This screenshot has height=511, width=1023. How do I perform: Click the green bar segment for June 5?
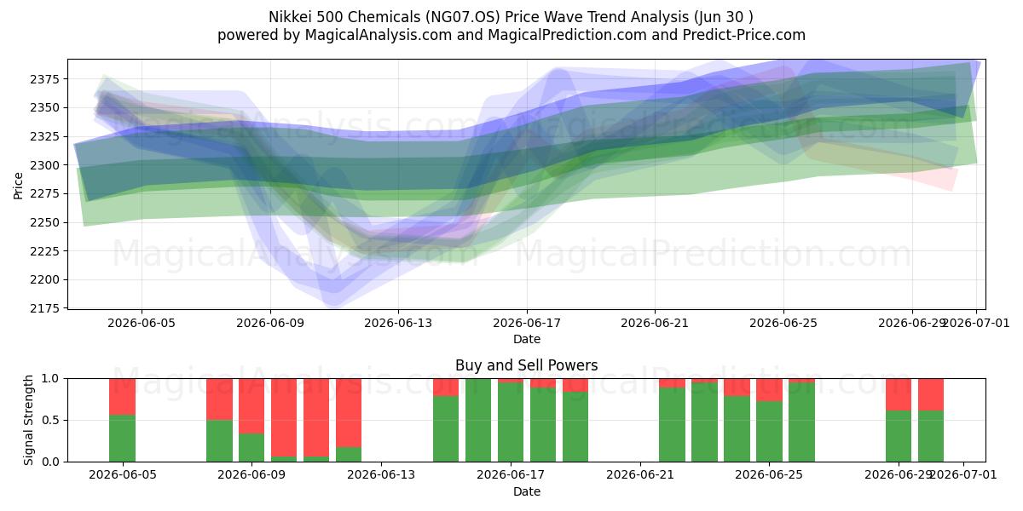coord(123,438)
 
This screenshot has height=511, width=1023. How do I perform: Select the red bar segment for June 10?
coord(284,417)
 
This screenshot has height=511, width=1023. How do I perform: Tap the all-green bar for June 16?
coord(478,420)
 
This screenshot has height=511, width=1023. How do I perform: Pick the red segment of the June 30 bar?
coord(931,394)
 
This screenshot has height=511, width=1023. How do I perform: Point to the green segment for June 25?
coord(769,431)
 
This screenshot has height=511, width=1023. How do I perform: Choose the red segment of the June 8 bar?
coord(219,399)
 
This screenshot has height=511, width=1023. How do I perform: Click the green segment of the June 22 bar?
coord(672,424)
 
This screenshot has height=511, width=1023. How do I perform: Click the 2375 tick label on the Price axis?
coord(44,79)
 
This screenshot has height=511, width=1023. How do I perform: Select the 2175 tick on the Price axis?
coord(44,308)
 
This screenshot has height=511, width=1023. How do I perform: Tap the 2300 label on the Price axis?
coord(44,165)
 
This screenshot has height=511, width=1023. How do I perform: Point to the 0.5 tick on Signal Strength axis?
coord(50,420)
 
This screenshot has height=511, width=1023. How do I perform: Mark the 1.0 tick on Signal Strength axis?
coord(50,378)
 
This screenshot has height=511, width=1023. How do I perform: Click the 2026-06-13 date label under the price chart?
coord(398,323)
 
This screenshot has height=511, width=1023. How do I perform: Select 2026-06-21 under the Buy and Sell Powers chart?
coord(640,475)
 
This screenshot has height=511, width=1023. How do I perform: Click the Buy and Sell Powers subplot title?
coord(527,365)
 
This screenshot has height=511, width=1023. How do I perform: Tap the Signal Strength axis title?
coord(28,420)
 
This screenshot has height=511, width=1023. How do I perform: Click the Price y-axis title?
coord(18,186)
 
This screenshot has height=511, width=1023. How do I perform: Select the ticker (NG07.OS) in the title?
coord(463,17)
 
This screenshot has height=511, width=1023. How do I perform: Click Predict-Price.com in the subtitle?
coord(744,35)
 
